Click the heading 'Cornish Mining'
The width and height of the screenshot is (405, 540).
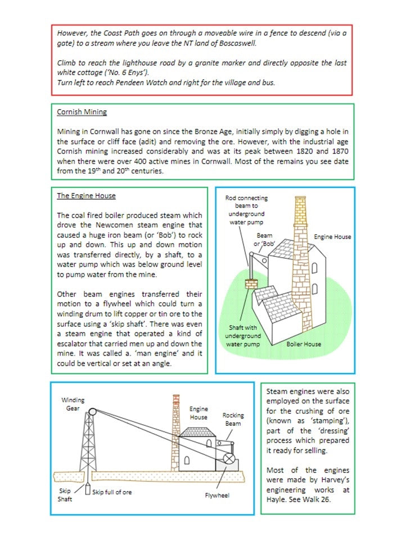82,112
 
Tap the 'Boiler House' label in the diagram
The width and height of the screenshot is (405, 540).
303,343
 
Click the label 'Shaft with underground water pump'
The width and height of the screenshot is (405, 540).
243,335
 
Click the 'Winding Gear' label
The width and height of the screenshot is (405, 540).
73,404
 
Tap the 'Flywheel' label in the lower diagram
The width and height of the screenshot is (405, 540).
217,496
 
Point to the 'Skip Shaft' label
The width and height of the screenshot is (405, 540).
65,494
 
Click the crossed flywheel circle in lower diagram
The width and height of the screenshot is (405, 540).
229,458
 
